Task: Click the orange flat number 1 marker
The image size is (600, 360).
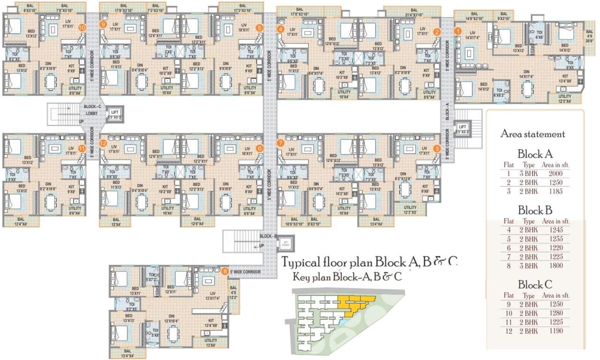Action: [x=458, y=31]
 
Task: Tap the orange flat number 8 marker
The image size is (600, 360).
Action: [x=226, y=271]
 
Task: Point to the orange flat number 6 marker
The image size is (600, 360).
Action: [x=259, y=148]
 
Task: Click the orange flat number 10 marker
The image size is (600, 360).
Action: [x=83, y=28]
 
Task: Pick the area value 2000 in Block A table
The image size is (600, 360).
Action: [x=555, y=173]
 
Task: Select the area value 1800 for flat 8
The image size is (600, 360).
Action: [x=555, y=266]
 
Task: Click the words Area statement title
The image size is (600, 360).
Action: [x=533, y=134]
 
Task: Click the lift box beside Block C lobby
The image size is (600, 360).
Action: [x=115, y=112]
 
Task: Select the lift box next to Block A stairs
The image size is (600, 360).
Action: [x=463, y=129]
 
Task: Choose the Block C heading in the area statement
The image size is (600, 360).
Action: [x=535, y=285]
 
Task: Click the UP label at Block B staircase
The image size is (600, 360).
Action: [x=261, y=245]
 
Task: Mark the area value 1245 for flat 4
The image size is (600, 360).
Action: [x=555, y=230]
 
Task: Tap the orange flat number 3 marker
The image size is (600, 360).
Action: [x=437, y=148]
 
